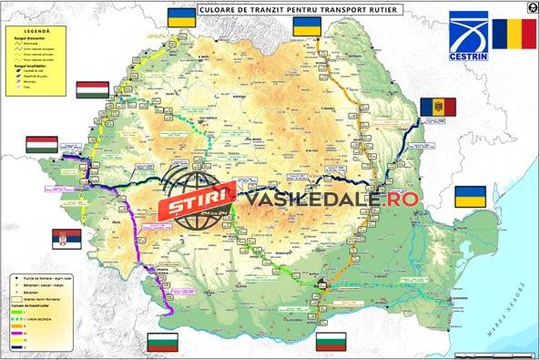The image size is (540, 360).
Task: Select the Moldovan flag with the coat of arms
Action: pyautogui.click(x=436, y=108)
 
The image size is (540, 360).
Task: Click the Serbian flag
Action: pyautogui.click(x=66, y=238)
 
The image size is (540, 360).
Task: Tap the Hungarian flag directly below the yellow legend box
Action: pyautogui.click(x=92, y=90)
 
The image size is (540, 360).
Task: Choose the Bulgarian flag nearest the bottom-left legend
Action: pyautogui.click(x=162, y=343)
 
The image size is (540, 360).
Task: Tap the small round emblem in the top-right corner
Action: pyautogui.click(x=529, y=5)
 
